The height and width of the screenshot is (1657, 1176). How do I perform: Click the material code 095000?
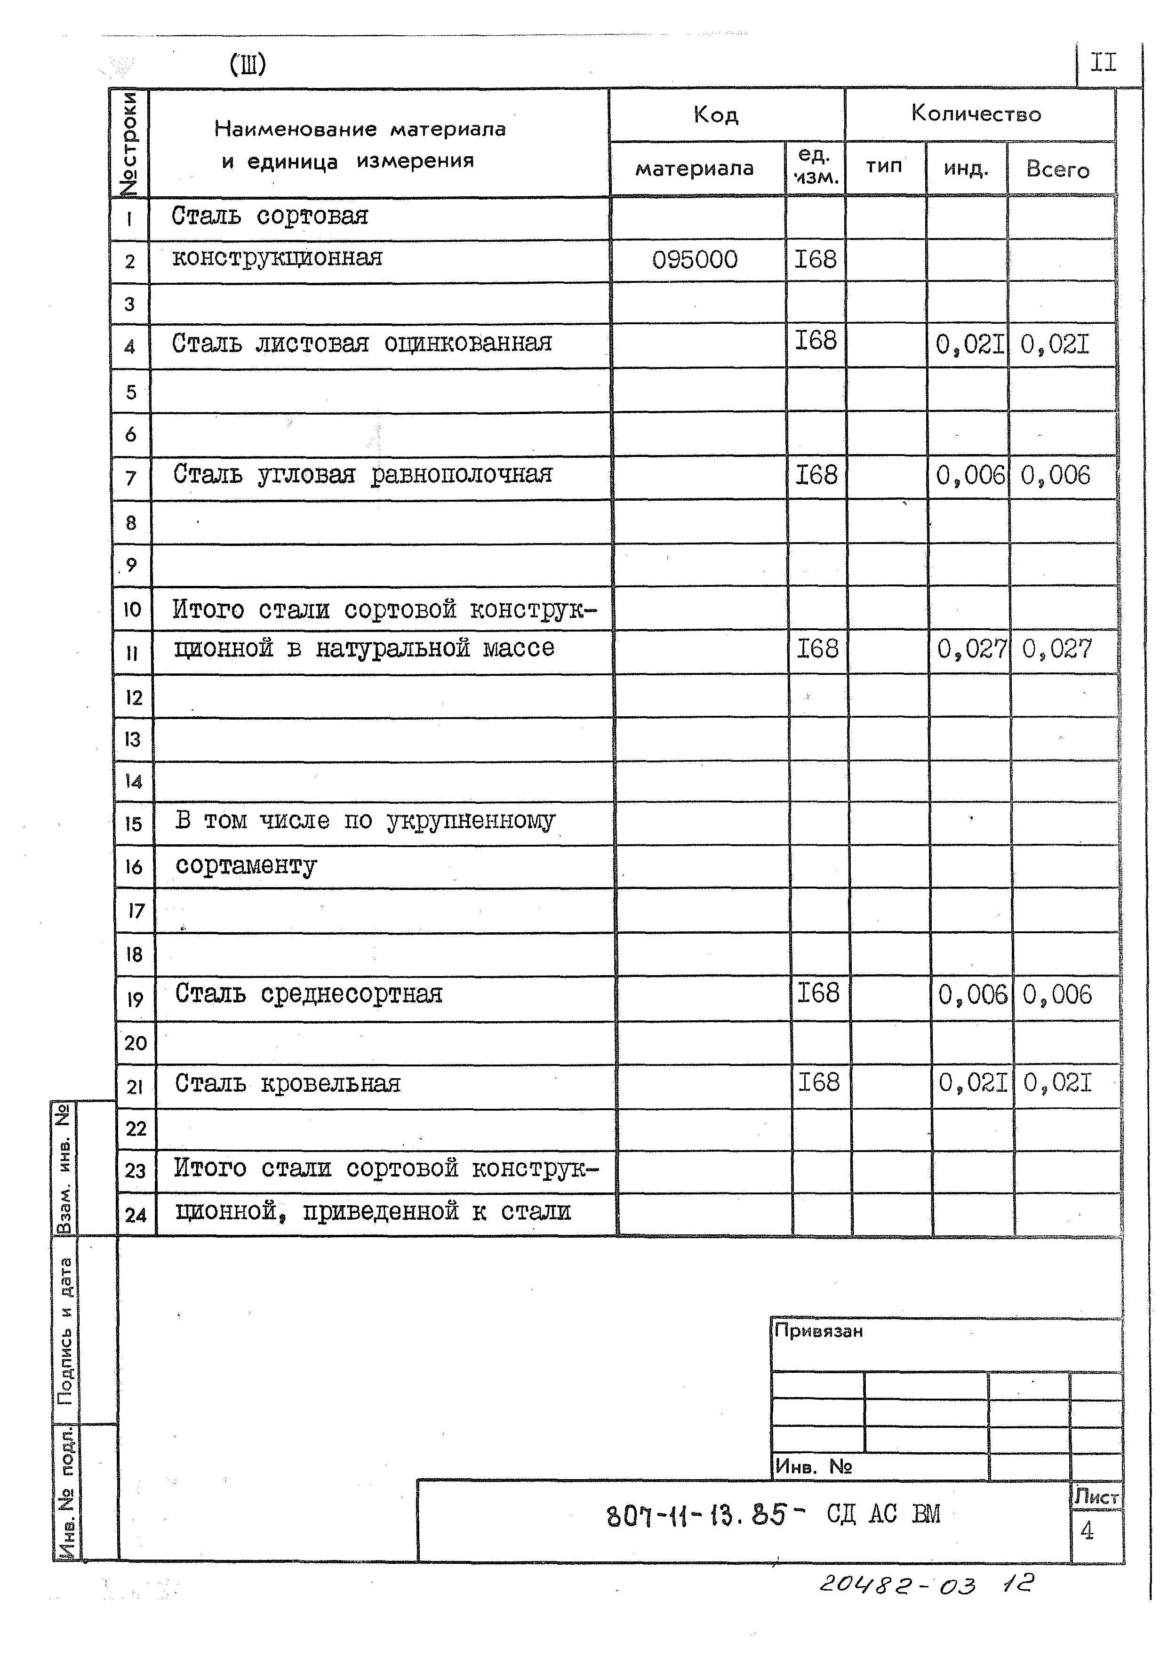[695, 260]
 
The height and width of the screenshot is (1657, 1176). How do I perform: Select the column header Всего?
[1057, 169]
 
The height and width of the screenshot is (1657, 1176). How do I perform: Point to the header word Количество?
[976, 114]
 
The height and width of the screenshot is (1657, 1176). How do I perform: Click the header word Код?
[715, 114]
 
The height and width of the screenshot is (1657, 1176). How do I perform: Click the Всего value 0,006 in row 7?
[1055, 476]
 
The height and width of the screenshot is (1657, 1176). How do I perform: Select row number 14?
[133, 781]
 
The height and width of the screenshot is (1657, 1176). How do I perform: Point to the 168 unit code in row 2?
[816, 259]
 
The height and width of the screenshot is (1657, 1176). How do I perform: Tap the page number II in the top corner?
[1103, 63]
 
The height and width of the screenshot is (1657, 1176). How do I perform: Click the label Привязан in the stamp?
[818, 1331]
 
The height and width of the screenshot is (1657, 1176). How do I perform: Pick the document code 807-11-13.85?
[695, 1515]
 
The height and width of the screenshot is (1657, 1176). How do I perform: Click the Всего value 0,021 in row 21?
[1056, 1083]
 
